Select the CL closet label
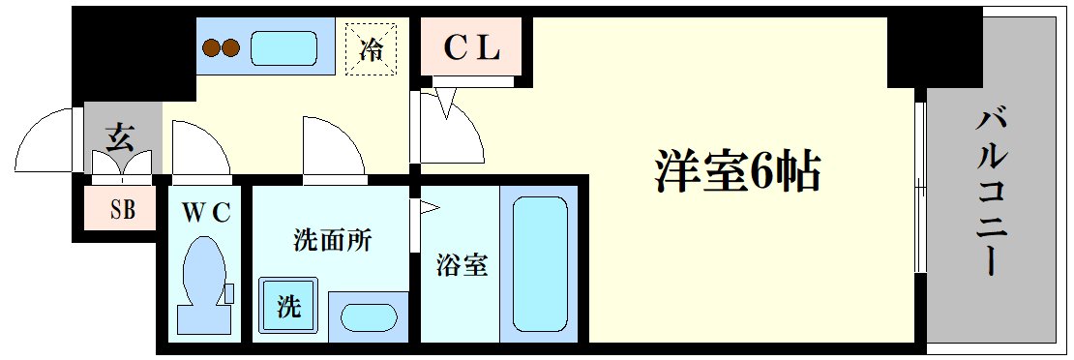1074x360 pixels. tap(471, 48)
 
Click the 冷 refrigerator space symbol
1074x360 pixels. tap(372, 47)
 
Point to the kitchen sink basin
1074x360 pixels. tap(284, 47)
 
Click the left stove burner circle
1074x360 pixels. tap(212, 47)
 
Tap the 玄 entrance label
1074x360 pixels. tap(120, 139)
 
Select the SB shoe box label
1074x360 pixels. tap(122, 208)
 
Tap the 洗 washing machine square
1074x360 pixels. tap(288, 307)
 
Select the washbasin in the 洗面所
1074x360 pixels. tap(369, 317)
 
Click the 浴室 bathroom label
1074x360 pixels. tap(461, 264)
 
